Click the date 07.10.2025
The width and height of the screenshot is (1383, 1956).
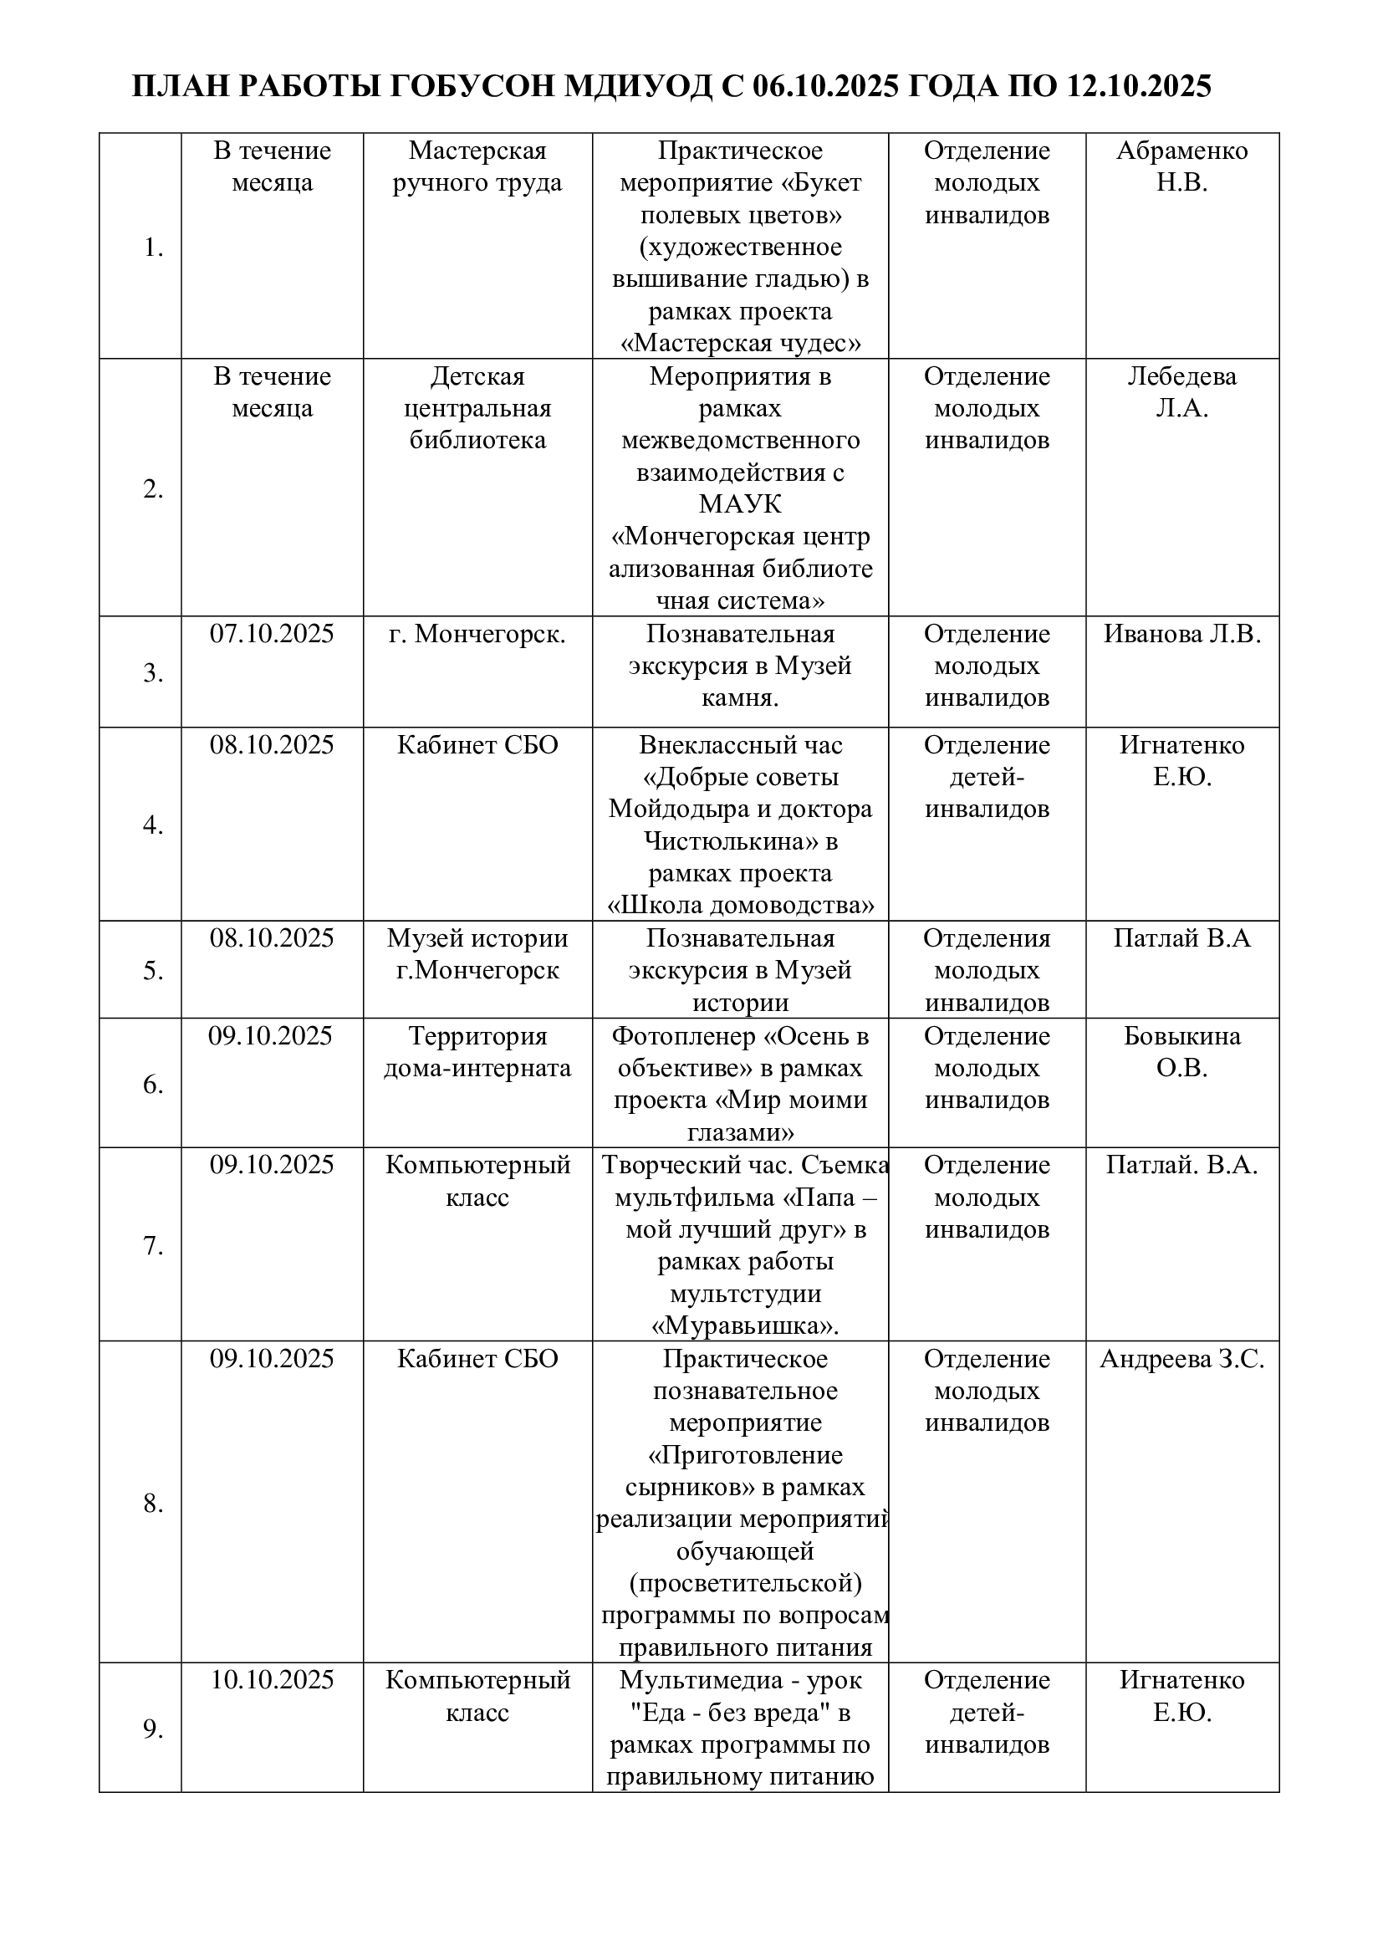click(x=272, y=634)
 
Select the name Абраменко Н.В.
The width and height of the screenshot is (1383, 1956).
click(x=1182, y=166)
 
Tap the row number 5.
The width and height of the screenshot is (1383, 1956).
click(x=153, y=970)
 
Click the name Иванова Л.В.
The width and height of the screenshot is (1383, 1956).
click(x=1182, y=634)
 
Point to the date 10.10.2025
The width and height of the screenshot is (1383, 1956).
click(x=272, y=1680)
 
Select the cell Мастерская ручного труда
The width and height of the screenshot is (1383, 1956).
click(x=477, y=166)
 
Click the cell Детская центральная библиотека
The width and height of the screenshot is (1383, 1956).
click(x=477, y=408)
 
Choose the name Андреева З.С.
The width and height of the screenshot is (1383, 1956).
click(x=1182, y=1359)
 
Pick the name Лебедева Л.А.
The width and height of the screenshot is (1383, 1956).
click(x=1182, y=392)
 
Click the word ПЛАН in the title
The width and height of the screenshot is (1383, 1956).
click(x=181, y=87)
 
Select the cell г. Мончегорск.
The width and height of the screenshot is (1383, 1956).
click(x=477, y=634)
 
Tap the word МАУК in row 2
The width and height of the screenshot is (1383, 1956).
click(x=740, y=504)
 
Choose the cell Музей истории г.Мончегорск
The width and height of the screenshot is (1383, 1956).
click(x=477, y=954)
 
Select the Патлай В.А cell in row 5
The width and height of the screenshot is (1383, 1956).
click(x=1182, y=938)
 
